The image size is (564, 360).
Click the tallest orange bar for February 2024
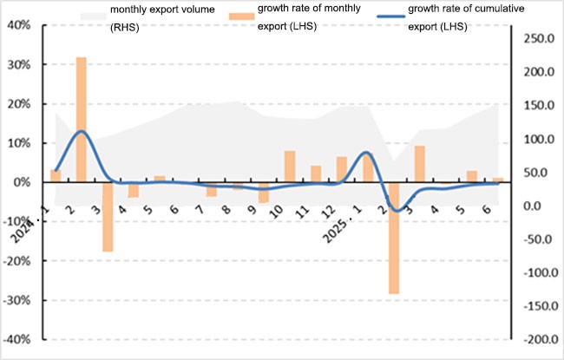pos(81,119)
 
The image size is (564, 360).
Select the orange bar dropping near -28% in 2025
pos(394,238)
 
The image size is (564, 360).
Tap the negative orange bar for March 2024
pos(108,217)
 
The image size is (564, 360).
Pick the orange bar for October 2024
pos(290,167)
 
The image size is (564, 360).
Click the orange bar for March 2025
pos(420,164)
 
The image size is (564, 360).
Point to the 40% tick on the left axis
pos(20,25)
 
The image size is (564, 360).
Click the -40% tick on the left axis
pos(18,339)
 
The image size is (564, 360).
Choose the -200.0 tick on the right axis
pos(539,339)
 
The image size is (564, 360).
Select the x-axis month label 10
pos(277,211)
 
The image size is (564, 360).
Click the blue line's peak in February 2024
pos(81,131)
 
